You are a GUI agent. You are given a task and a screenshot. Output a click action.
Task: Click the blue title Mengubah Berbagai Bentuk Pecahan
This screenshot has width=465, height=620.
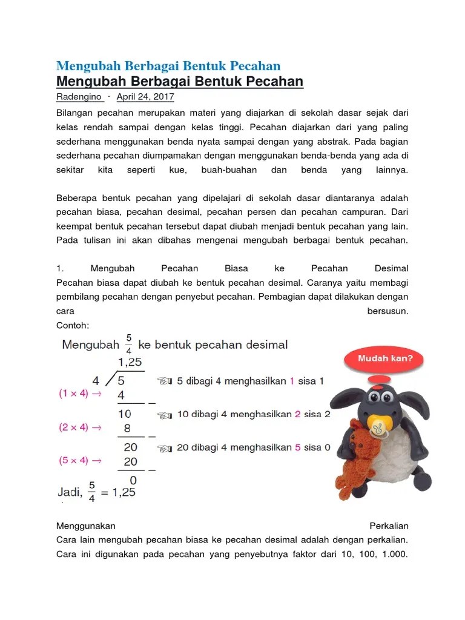(x=168, y=66)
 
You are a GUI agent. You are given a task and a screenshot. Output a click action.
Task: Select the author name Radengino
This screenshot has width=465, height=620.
(x=79, y=97)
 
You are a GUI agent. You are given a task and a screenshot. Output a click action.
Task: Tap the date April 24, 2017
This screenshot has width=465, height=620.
(x=145, y=97)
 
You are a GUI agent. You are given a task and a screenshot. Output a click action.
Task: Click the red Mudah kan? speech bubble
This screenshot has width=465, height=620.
(x=386, y=358)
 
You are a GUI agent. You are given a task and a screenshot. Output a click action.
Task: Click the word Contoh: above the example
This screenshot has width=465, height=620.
(x=73, y=325)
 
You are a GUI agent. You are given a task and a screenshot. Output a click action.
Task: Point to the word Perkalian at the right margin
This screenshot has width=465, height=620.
(x=389, y=526)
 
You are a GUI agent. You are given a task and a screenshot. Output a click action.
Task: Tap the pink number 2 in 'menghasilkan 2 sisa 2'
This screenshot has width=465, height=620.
(x=298, y=415)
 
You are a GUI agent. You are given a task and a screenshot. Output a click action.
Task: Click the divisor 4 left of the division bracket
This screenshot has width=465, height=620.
(x=96, y=381)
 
